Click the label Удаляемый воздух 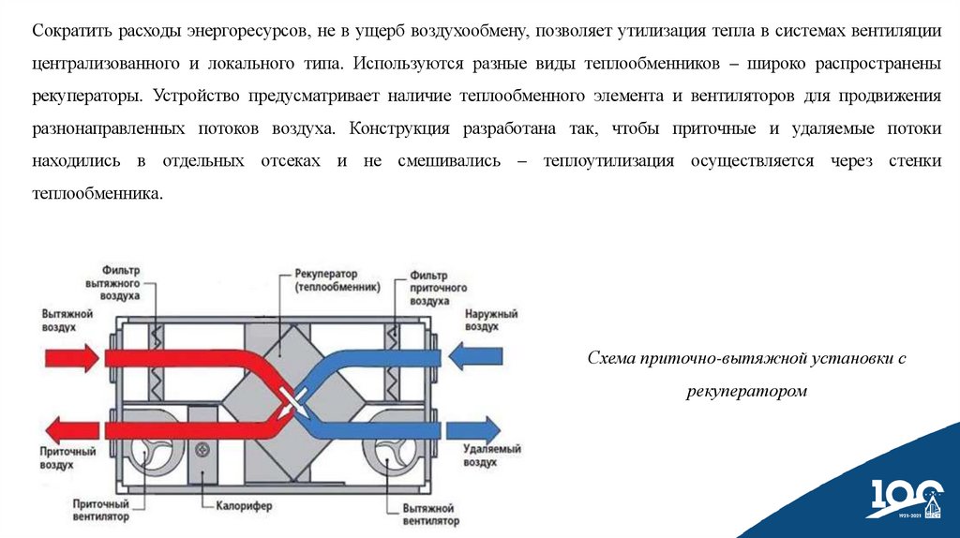[492, 456]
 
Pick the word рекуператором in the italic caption [746, 391]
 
